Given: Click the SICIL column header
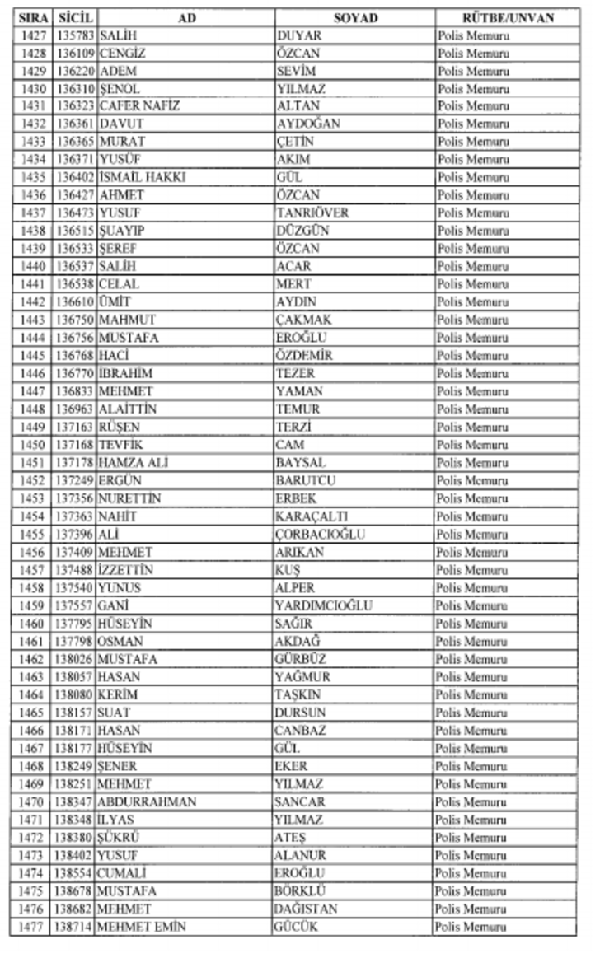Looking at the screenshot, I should coord(76,17).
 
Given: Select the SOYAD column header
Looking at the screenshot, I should coord(354,17).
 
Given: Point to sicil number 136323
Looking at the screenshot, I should coord(76,106).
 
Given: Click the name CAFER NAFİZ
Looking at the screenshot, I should coord(138,106).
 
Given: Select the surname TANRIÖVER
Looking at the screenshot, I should coord(312,213).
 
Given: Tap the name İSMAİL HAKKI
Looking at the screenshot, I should coord(142,177).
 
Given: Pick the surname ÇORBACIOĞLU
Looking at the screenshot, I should coord(321,535).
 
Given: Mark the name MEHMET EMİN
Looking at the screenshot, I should coord(141,928).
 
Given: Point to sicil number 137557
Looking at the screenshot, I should coord(76,606).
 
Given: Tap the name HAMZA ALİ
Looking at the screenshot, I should coord(133,463).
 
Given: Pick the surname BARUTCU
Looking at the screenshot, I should coord(306,481).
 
